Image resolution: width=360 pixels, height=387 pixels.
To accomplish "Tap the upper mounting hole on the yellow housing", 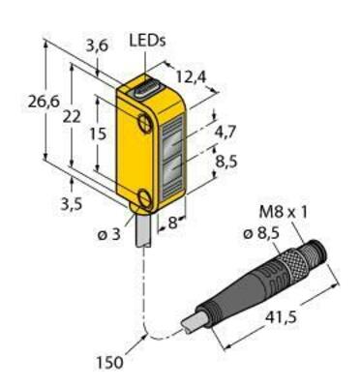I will tap(144, 123).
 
